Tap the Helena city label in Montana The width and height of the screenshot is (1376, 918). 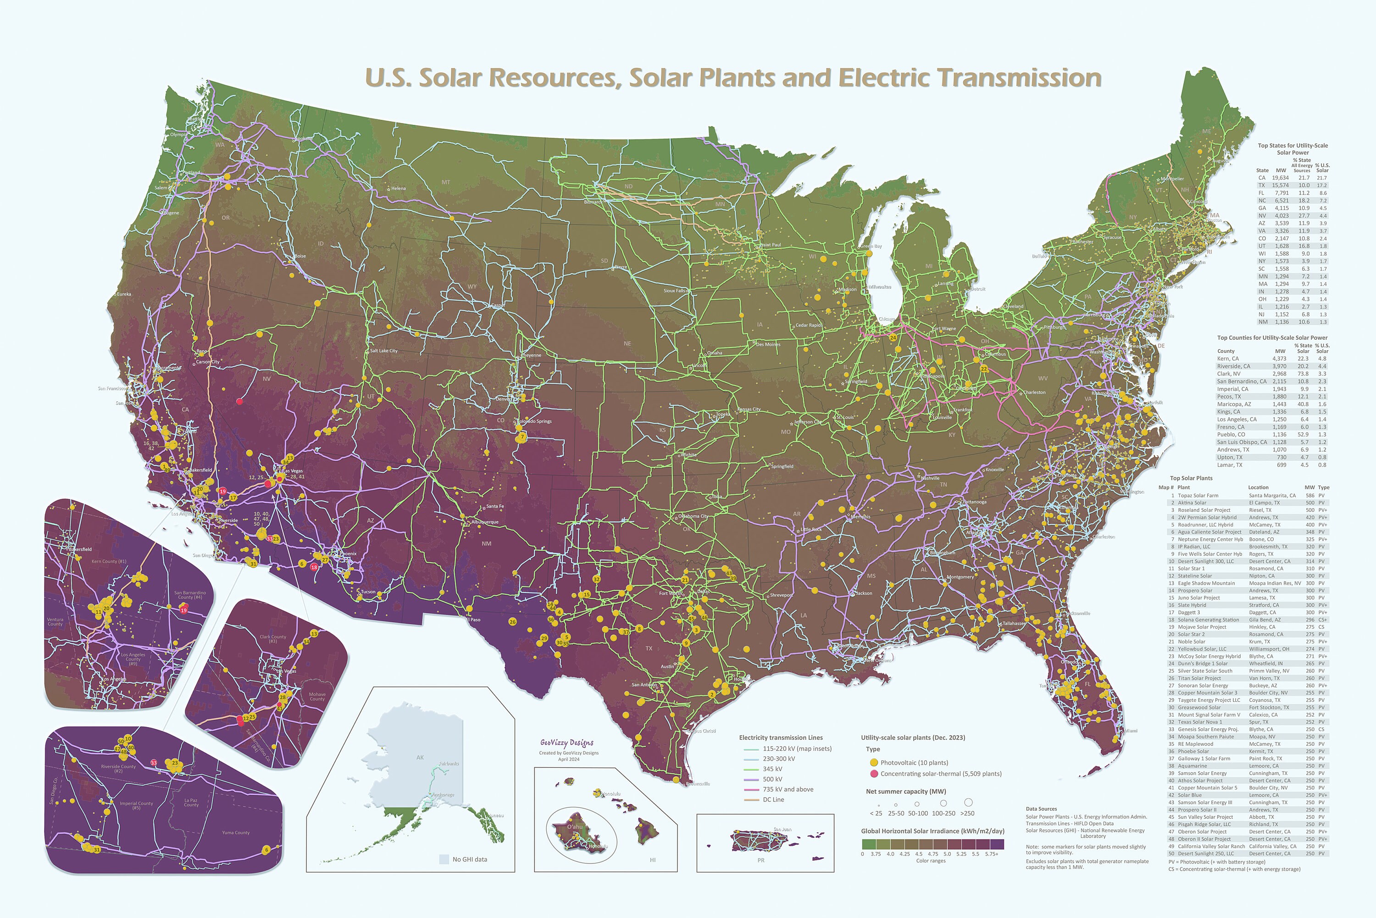(399, 189)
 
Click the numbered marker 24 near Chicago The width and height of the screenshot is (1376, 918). (893, 338)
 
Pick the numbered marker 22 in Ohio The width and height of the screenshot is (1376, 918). (984, 369)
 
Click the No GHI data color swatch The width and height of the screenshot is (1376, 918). (444, 859)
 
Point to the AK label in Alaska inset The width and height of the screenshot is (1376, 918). (420, 758)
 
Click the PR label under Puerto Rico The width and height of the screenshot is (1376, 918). (760, 861)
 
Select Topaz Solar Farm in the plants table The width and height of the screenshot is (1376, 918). (1198, 495)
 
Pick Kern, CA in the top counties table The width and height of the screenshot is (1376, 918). (1228, 359)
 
